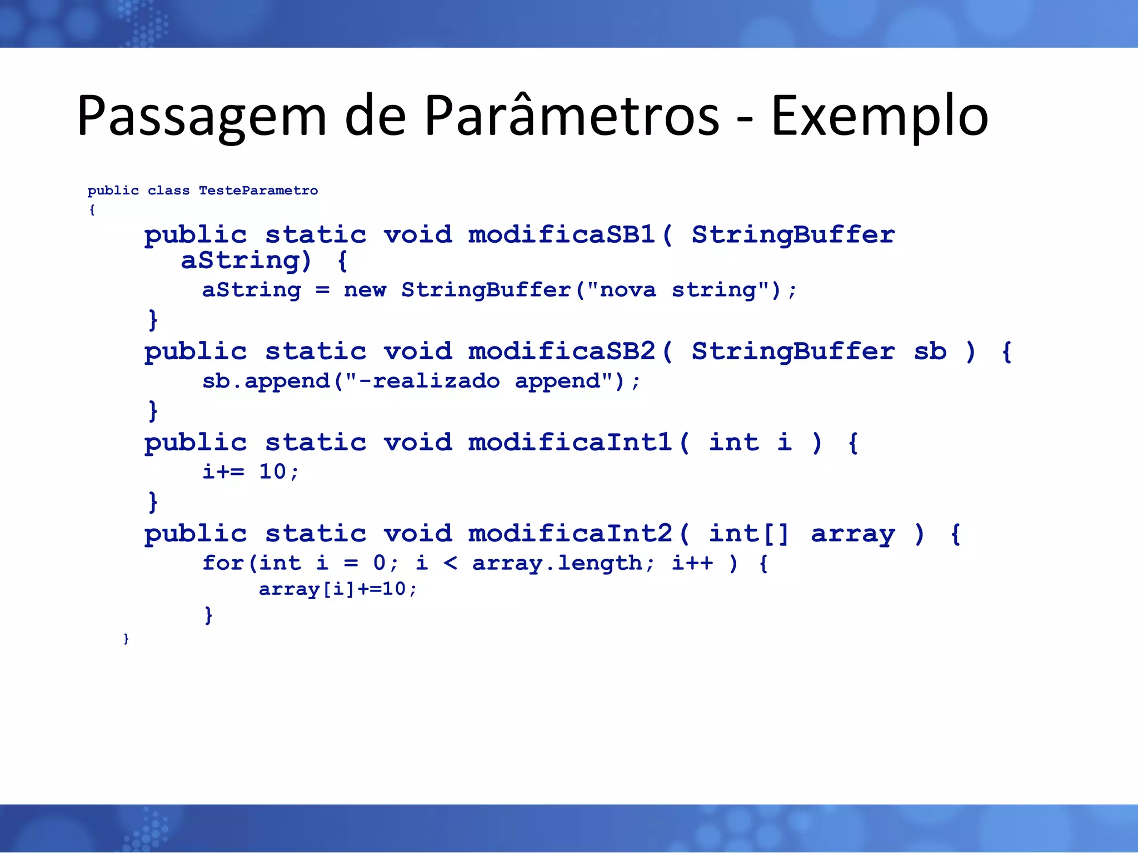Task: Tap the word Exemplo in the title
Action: coord(879,117)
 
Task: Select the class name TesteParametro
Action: coord(258,190)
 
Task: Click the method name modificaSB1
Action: coord(561,234)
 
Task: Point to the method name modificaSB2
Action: coord(561,351)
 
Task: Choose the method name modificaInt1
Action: coord(570,442)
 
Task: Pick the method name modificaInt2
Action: coord(570,533)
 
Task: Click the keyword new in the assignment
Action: coord(365,290)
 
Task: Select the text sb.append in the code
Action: coord(266,381)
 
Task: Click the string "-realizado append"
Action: coord(478,381)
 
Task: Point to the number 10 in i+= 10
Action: coord(272,472)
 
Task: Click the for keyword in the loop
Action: coord(223,563)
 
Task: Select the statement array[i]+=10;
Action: coord(337,589)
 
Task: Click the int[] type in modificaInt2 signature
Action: coord(748,533)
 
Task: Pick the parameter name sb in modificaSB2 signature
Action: coord(930,351)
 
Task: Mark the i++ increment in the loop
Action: coord(692,563)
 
